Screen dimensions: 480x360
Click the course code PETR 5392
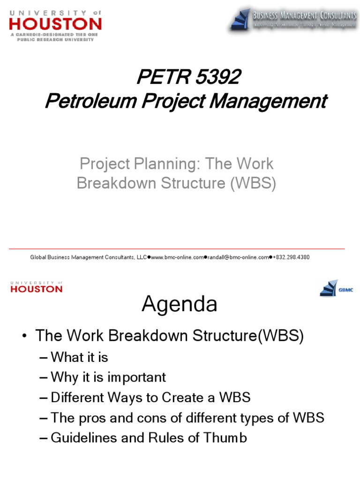(188, 78)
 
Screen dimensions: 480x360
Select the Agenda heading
(180, 304)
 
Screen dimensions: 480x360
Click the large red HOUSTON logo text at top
(55, 23)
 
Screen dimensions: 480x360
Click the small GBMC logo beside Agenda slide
(336, 288)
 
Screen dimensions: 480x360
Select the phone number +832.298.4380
(291, 257)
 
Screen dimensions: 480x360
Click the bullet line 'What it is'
(79, 357)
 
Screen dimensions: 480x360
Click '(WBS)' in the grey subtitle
(253, 183)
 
